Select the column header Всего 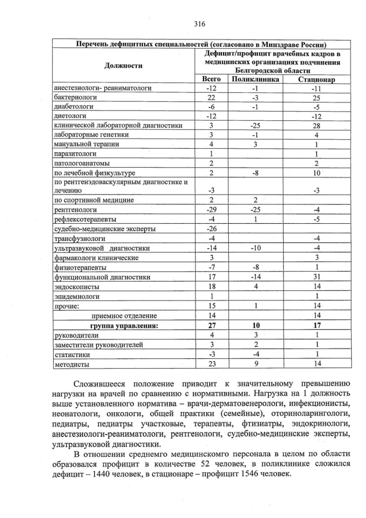(212, 80)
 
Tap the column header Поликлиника (256, 80)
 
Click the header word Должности (124, 65)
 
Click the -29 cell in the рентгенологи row (212, 209)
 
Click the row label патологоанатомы (81, 163)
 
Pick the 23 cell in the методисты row (212, 363)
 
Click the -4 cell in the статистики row (256, 354)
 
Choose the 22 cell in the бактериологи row (212, 98)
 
